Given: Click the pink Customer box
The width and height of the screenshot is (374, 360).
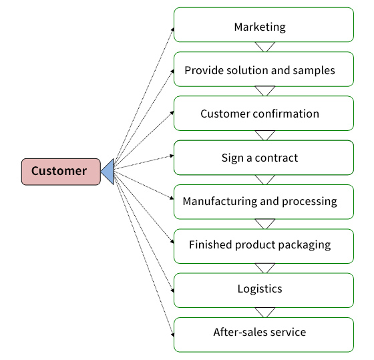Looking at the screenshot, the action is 61,172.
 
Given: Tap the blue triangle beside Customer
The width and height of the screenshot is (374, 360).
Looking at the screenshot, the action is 108,172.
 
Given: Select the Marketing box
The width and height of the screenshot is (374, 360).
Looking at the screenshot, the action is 264,25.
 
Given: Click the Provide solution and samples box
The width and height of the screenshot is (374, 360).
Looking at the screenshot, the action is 264,69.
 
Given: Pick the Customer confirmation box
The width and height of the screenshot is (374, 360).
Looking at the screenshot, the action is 264,114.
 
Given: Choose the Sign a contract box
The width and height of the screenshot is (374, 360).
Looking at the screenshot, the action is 264,158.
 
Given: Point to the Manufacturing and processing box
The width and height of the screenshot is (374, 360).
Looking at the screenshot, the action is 264,202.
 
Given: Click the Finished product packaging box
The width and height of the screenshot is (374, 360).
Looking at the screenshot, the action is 264,246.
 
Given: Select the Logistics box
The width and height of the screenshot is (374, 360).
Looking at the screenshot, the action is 264,291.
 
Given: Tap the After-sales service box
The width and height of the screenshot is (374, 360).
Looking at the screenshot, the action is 264,335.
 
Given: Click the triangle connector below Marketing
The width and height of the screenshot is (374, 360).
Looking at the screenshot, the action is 264,46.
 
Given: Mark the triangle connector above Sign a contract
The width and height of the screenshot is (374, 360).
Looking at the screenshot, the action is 264,134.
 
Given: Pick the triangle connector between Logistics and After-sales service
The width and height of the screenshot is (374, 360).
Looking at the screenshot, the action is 264,311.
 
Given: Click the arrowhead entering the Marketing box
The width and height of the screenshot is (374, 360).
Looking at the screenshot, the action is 172,29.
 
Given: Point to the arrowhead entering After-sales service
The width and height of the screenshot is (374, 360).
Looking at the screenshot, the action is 173,335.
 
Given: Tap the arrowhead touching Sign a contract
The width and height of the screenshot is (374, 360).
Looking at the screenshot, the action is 172,156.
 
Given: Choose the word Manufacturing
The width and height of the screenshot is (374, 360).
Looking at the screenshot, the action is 220,201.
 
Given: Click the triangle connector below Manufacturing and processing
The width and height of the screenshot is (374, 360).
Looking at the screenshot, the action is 264,223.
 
